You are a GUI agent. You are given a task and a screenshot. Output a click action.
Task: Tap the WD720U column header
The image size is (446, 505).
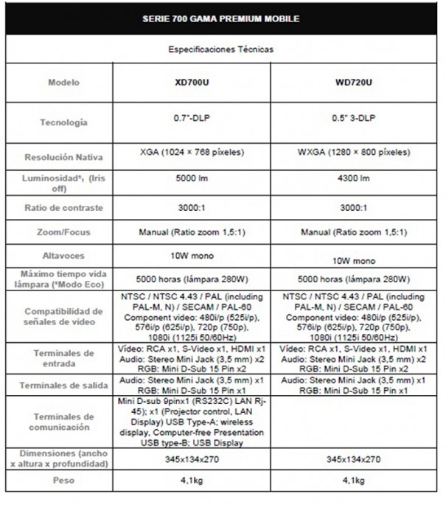tap(354, 82)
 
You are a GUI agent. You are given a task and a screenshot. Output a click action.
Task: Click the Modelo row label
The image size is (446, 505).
tap(63, 83)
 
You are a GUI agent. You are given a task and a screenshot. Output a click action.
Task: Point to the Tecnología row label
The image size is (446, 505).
tap(63, 122)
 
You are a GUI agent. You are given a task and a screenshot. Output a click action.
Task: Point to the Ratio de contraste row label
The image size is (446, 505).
tap(63, 208)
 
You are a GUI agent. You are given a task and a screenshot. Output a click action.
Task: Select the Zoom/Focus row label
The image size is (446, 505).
tap(63, 232)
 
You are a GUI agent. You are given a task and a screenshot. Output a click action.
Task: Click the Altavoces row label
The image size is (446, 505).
tap(63, 256)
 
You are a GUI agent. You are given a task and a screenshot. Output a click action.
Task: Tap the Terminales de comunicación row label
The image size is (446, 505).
tap(63, 421)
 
